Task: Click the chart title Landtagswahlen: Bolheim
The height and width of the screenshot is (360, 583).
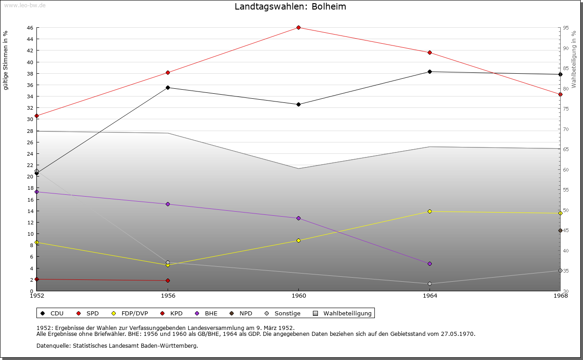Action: tap(291, 7)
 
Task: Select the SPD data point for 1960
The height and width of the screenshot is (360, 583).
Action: tap(298, 28)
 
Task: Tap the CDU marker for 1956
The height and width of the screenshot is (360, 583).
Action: tap(168, 87)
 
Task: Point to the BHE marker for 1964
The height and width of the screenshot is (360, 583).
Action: tap(430, 264)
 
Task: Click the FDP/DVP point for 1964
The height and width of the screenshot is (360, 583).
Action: tap(430, 211)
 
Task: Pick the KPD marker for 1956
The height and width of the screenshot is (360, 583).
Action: tap(168, 280)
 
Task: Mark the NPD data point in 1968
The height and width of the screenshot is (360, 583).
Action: tap(560, 231)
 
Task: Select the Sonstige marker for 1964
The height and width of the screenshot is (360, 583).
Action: tap(430, 284)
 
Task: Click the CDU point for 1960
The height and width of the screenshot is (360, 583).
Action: tap(298, 104)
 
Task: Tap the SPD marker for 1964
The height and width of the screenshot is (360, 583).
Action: tap(430, 52)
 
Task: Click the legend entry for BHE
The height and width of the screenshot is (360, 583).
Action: tap(207, 313)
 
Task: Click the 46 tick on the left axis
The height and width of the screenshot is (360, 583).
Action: tap(29, 28)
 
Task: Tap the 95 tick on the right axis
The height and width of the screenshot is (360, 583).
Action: tap(565, 28)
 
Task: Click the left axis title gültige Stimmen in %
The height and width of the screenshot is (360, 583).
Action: tap(6, 60)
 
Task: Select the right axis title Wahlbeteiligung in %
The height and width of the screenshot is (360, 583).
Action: tap(574, 60)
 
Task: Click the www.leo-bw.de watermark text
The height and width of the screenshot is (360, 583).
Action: tap(24, 5)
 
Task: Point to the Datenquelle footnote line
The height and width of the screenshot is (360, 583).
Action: tap(117, 345)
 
